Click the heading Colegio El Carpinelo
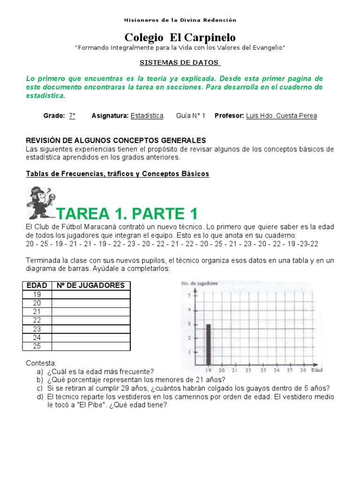coord(180,37)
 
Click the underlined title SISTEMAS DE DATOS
coord(180,63)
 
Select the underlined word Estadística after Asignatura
coord(147,115)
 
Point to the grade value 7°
coord(72,115)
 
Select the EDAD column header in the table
coord(37,285)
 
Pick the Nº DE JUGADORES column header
coord(90,285)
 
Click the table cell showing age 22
coord(37,320)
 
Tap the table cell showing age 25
coord(37,346)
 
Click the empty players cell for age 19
coord(90,294)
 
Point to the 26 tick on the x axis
coord(303,370)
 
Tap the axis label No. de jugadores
coord(199,283)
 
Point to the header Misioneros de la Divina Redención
coord(180,20)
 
